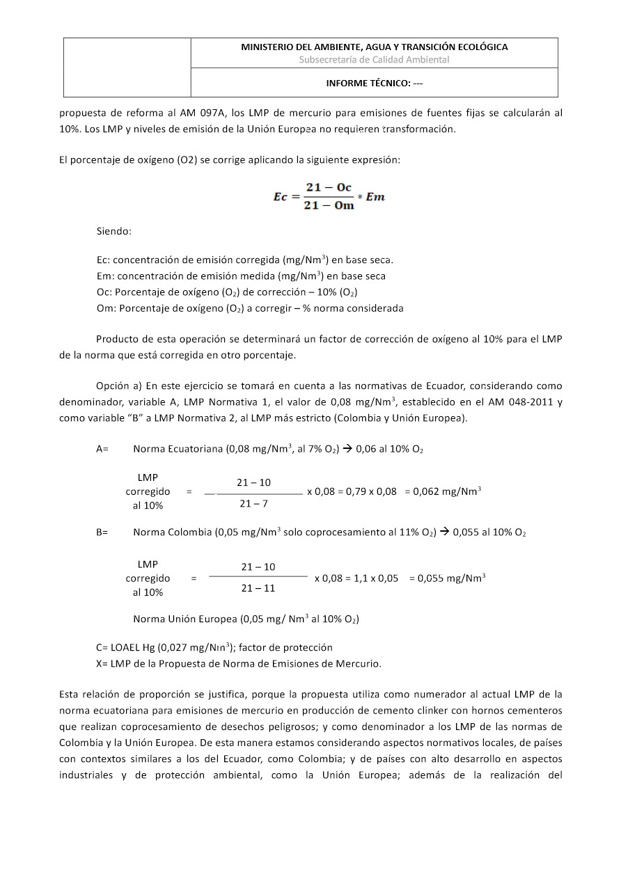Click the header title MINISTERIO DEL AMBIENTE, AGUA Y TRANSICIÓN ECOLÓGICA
374,47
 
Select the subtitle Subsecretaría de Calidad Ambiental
374,60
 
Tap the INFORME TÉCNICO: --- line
374,83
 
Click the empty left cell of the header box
127,68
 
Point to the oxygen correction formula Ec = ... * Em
328,197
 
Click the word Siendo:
114,230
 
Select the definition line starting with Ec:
245,260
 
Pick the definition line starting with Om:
250,308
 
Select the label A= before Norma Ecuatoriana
102,449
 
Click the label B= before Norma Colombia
102,532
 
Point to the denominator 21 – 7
253,503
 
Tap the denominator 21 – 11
258,588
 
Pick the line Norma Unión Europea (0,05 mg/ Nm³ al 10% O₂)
246,619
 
